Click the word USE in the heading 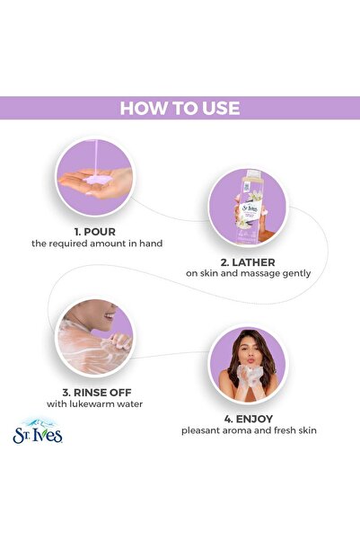point(221,108)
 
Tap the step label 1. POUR point(95,232)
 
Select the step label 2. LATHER point(248,262)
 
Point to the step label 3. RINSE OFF point(97,393)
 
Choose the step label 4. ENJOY point(249,419)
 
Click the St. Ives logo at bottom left point(38,431)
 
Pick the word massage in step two point(260,273)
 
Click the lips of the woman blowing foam point(250,360)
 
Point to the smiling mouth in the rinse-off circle point(110,315)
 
